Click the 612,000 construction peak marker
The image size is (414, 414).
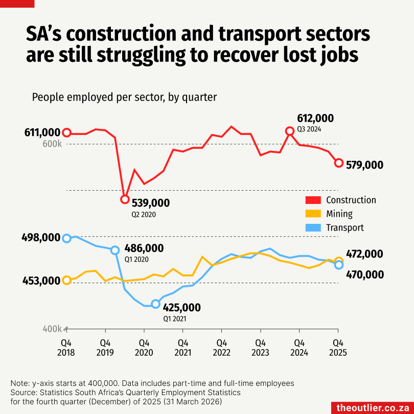pos(290,131)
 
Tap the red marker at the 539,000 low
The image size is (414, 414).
pos(124,199)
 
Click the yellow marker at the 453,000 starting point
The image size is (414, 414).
pos(66,280)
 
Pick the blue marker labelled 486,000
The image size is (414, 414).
pos(115,250)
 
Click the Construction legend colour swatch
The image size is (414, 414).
pos(313,200)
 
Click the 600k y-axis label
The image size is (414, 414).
pos(52,144)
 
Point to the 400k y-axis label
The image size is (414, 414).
pos(52,329)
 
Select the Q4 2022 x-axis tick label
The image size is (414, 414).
pos(221,347)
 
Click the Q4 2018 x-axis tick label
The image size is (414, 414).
pos(66,347)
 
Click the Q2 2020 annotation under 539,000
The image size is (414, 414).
pos(144,215)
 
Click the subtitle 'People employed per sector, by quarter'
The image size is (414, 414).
pos(124,97)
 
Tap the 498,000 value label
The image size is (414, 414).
pos(41,238)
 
